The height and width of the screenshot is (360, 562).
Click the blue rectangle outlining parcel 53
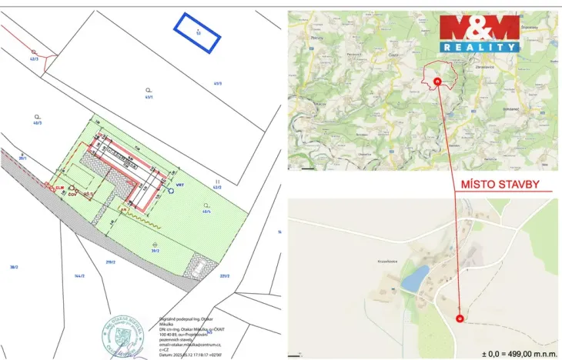click(197, 33)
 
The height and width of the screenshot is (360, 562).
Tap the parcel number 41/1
click(149, 97)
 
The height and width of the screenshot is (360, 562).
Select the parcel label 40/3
click(37, 122)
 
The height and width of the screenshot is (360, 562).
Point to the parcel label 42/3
click(34, 58)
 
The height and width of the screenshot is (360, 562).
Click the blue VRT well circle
click(171, 192)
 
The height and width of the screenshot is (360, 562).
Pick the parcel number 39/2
click(155, 249)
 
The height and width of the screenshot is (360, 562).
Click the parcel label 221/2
click(225, 275)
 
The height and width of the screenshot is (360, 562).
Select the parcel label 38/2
click(13, 267)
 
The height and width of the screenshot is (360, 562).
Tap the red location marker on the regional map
click(437, 79)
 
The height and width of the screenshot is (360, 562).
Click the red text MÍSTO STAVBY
click(499, 185)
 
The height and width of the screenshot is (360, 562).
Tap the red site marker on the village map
click(460, 318)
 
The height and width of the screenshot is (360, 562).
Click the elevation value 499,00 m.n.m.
click(521, 353)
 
